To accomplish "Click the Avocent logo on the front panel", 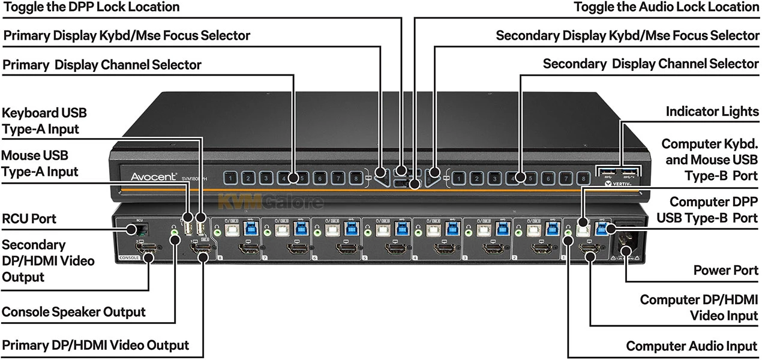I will pos(153,176).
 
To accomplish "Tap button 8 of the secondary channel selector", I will pos(582,178).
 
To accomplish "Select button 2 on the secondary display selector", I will pos(476,178).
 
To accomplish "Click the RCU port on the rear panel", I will pos(133,229).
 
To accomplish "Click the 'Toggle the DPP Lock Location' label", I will pos(91,7).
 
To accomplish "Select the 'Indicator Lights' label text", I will pos(712,112).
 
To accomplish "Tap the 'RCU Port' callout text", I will pos(29,219).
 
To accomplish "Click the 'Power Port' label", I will pos(726,271).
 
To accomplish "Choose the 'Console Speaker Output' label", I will pos(74,312).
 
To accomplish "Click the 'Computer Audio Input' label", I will pos(691,346).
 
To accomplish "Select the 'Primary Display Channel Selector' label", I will pos(103,64).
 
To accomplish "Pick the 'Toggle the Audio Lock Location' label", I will pos(666,7).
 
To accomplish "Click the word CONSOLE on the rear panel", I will pos(130,258).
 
